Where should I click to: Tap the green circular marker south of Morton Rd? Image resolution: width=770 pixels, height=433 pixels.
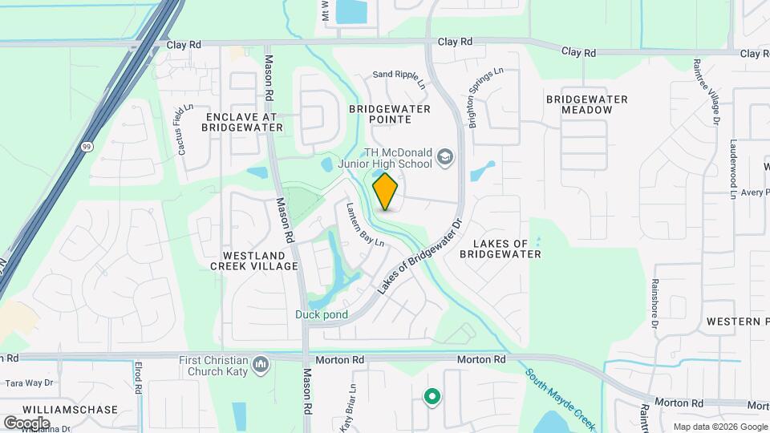point(432,396)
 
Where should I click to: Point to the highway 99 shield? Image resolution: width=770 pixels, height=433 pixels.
point(86,147)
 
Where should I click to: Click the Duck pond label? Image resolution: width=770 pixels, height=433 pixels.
point(321,314)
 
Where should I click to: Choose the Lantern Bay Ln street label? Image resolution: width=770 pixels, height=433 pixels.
point(365,224)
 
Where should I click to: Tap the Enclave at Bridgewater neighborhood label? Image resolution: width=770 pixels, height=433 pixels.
point(238,122)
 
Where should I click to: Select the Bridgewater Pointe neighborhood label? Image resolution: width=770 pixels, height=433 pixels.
point(390,114)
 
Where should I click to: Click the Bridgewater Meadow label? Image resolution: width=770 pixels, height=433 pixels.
point(586,104)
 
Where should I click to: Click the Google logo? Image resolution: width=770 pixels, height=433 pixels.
point(27,422)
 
